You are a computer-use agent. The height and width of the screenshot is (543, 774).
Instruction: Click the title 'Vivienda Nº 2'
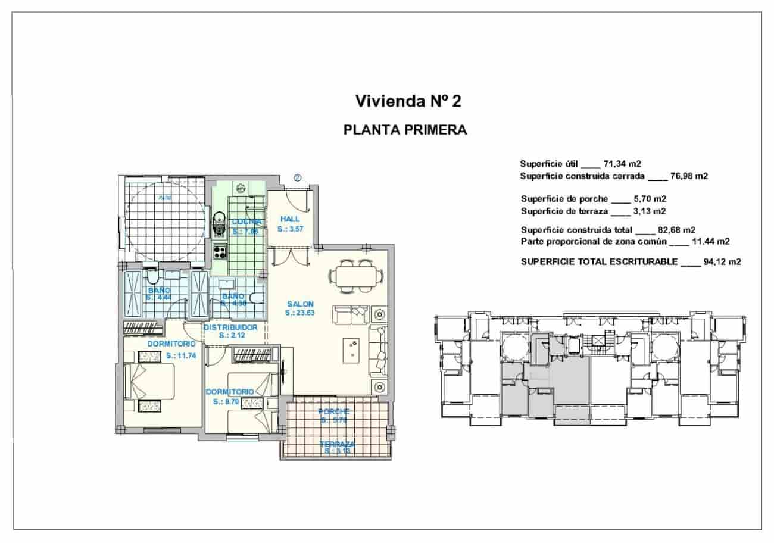408,101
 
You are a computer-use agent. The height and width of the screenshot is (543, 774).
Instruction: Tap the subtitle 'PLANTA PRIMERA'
405,130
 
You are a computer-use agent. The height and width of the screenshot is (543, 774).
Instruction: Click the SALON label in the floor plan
299,304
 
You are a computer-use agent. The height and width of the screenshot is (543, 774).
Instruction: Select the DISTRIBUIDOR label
230,327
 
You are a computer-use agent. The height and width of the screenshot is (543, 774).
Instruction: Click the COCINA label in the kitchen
246,221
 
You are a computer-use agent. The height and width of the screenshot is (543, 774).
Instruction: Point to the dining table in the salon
357,277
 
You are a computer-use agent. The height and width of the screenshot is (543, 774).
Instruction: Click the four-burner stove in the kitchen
220,252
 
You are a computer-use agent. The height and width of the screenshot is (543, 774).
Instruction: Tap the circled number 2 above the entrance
298,177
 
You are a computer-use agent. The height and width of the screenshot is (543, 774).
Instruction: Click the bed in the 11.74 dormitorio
150,382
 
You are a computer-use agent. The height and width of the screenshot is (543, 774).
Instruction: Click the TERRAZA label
337,444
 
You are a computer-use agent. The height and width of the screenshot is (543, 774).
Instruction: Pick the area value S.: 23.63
299,312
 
